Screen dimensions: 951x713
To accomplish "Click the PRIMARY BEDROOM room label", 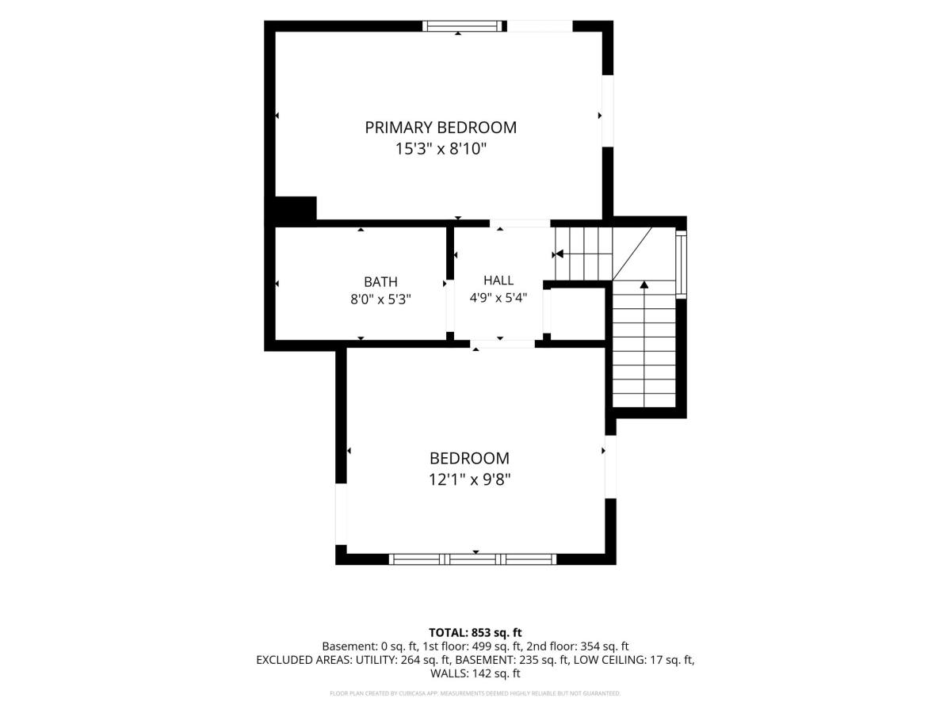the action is (441, 128).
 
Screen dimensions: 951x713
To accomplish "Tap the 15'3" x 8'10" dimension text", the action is (441, 150).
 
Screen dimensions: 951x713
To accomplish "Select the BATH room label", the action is (380, 282).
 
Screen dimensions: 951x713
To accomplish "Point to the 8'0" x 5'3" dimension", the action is (380, 299).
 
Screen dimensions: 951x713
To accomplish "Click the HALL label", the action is (498, 280).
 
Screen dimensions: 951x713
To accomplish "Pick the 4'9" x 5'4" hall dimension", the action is (498, 298).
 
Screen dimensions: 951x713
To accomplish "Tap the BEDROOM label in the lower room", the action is (469, 458).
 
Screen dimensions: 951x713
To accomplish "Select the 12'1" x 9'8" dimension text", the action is (469, 479).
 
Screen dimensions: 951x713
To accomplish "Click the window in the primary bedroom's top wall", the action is (464, 26).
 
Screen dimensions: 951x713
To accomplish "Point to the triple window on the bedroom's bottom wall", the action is (472, 559).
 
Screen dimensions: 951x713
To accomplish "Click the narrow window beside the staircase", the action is (681, 264).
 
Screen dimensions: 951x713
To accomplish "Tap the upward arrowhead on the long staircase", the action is (644, 284).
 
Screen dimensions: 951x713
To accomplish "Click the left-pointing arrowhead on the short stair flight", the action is (559, 254).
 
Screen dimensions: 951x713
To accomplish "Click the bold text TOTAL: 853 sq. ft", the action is (475, 632).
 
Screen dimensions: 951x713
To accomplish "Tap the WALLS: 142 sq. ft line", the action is (475, 673).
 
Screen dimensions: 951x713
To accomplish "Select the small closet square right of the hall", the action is (578, 314).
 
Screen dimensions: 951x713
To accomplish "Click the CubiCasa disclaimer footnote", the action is (475, 693).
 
